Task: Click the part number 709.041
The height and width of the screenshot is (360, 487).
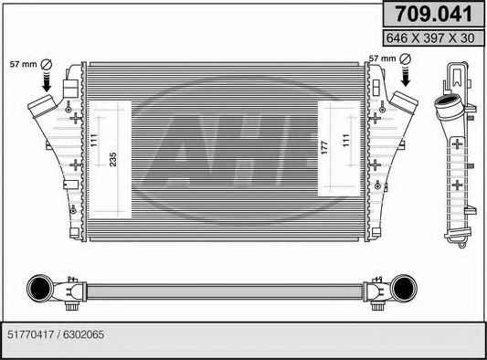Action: coord(433,14)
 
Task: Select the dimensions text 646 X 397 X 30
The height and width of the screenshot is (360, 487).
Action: coord(430,38)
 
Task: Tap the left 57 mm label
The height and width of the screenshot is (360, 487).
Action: coord(23,64)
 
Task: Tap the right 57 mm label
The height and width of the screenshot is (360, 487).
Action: coord(382,58)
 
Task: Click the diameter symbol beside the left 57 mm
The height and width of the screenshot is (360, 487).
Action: coord(47,64)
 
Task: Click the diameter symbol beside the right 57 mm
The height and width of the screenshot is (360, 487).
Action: coord(406,58)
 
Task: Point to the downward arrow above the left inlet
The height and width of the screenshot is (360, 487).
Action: coord(47,81)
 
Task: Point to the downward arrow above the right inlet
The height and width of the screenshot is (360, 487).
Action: coord(406,76)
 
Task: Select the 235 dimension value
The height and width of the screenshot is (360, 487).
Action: coord(113,159)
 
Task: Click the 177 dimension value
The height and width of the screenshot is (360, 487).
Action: coord(324,148)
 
